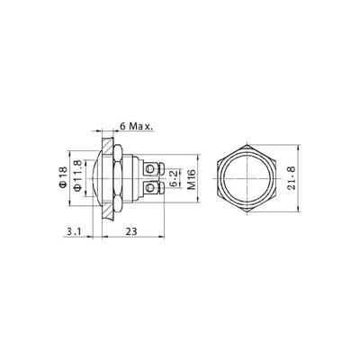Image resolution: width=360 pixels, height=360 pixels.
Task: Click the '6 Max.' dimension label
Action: (137, 126)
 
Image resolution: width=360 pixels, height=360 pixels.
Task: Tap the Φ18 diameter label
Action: (63, 177)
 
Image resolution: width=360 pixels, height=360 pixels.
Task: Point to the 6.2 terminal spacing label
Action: (174, 179)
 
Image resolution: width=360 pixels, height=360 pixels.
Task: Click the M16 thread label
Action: (192, 179)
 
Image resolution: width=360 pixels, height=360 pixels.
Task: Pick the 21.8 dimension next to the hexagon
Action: (292, 178)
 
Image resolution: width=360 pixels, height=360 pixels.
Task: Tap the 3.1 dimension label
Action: (73, 231)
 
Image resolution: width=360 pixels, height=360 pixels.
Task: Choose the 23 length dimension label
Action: (131, 231)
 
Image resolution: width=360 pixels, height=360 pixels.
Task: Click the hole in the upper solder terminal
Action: (149, 170)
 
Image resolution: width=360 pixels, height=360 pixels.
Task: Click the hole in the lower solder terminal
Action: (149, 188)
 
